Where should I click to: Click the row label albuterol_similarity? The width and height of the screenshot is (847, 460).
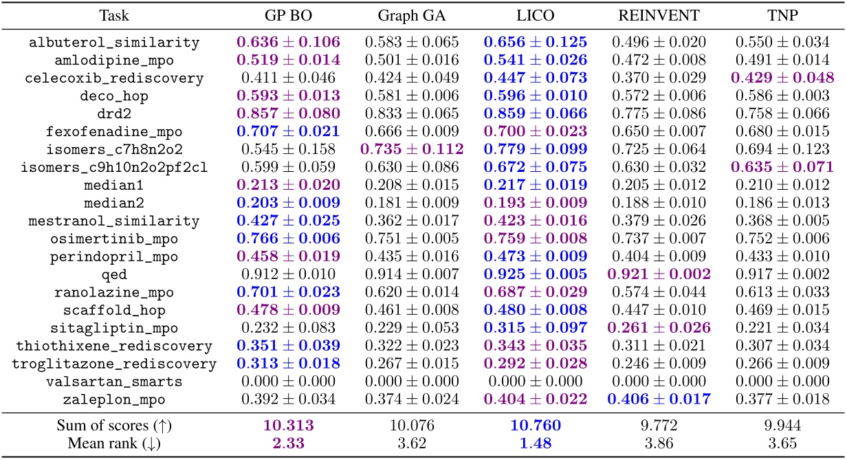(x=114, y=43)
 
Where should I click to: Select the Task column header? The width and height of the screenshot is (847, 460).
(x=114, y=15)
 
